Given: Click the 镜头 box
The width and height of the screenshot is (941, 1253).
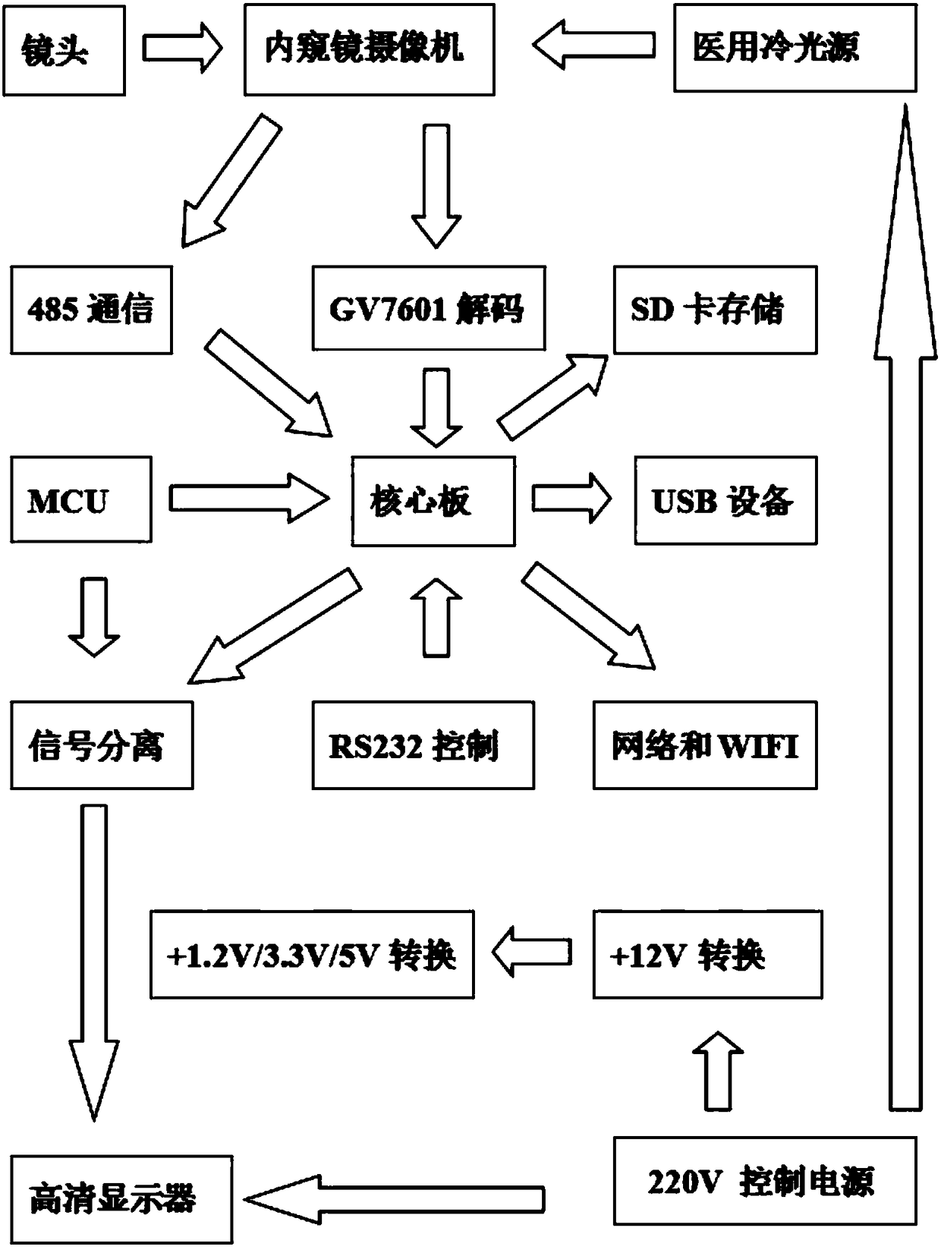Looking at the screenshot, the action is pos(64,50).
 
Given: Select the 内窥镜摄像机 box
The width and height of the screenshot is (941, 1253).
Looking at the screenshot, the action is pos(370,49).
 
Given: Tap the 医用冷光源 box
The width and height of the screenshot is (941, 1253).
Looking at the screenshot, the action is pos(795,48).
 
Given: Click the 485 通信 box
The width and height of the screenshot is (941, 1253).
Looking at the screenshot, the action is pos(91,310).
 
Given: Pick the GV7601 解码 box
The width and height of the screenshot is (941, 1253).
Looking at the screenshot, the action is pos(429,308).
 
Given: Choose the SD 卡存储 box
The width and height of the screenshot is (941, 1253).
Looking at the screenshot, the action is pos(715,310).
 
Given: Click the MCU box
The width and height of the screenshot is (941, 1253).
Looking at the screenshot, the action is pos(81,499).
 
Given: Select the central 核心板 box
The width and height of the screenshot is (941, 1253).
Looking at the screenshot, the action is pos(433,501).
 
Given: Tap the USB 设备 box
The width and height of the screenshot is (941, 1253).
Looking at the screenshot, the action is pos(726,500).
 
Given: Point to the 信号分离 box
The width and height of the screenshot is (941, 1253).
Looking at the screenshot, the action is pos(102,745).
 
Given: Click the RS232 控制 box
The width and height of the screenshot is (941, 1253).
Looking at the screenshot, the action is pos(423,745).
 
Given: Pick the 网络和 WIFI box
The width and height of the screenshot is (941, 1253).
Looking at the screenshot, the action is pos(705,745).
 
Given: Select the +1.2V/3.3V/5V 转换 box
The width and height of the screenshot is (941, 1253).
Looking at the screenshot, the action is pos(312,955).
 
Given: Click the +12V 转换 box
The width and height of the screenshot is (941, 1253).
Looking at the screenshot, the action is pos(707,955).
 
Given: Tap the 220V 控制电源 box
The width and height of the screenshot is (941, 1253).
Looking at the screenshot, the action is pos(765,1181).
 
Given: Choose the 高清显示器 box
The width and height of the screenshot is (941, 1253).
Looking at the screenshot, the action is pos(121,1199).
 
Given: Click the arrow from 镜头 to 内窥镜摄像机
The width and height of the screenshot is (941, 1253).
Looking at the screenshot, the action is pos(182,49).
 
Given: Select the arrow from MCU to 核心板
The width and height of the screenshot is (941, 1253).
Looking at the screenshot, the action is pos(249,499).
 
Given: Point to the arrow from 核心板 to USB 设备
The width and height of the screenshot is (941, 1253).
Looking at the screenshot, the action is pos(571,499).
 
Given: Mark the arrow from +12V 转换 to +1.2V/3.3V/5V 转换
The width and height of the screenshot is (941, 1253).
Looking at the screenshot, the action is pos(531,952).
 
